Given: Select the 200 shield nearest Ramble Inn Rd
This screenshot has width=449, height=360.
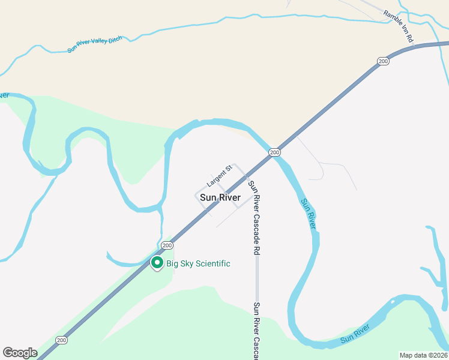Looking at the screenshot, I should (x=383, y=61).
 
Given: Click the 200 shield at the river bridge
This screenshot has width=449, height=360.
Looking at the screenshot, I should (x=274, y=152).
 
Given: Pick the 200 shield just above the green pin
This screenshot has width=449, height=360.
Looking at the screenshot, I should (x=167, y=245).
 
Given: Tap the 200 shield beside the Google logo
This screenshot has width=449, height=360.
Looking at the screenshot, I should (x=61, y=340).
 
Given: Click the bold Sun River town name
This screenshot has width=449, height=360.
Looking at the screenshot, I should (x=220, y=197).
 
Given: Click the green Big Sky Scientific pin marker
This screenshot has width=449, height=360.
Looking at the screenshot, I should (x=157, y=263).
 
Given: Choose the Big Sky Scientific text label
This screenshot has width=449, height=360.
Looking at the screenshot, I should (x=198, y=264).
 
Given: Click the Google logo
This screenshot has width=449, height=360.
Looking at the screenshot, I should (x=20, y=353).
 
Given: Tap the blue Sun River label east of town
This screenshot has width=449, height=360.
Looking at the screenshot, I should (x=308, y=213).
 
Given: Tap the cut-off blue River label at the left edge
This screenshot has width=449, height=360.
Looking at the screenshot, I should (x=4, y=95).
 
